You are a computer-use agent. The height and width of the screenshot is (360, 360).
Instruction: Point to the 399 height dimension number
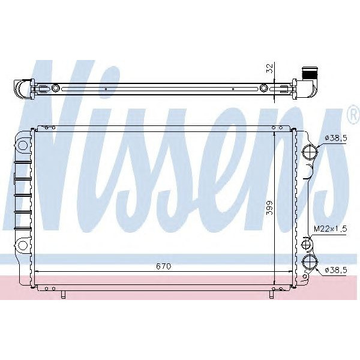tap(269, 208)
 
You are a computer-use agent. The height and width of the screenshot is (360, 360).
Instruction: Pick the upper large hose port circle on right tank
tap(310, 152)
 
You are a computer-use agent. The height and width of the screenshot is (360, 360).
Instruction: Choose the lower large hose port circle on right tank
tap(310, 262)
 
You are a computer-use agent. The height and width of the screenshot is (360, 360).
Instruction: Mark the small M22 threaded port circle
tap(307, 244)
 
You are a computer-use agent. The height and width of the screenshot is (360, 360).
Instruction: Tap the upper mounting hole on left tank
tap(22, 145)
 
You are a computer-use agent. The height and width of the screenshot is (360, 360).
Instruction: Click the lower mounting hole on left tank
tap(22, 245)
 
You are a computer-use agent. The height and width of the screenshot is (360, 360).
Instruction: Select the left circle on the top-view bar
tap(56, 89)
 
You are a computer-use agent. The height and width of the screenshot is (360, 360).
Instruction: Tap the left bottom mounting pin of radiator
tap(62, 293)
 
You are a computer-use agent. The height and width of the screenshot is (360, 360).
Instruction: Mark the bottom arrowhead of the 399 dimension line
tap(275, 283)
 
